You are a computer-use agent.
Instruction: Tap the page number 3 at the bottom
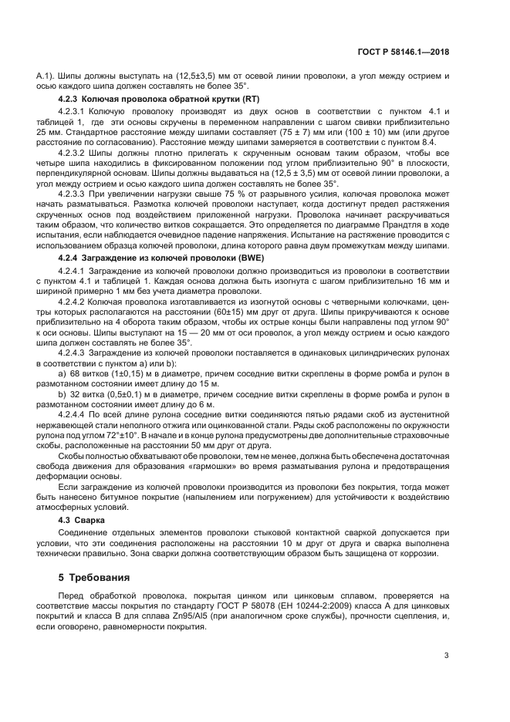pos(447,656)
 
